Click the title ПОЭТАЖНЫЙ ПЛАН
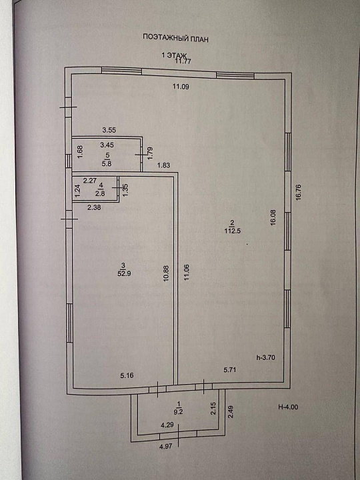point(176,38)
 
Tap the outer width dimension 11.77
point(183,61)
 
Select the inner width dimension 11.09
point(181,87)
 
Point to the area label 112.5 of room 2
point(233,231)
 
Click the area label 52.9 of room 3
point(124,273)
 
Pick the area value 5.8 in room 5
point(107,163)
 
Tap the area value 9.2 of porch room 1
point(178,412)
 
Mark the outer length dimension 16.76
point(299,192)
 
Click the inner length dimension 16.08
point(273,217)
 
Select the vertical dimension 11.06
point(187,273)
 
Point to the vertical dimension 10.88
point(166,273)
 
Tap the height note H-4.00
point(288,407)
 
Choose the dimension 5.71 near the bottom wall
point(230,370)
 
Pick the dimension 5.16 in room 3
point(127,375)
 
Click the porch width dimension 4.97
point(165,446)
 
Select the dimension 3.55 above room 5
point(109,130)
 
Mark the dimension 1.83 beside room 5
point(163,165)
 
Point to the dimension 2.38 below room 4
point(94,207)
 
